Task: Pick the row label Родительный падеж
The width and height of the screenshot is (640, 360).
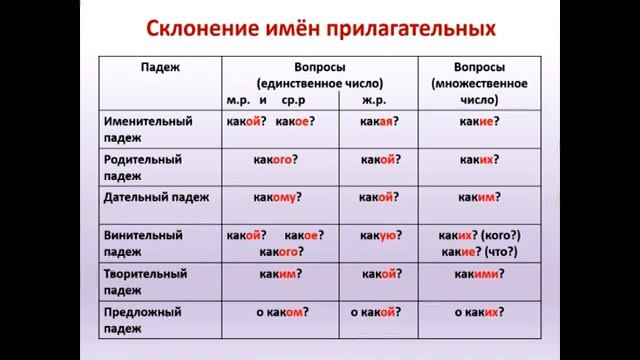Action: [143, 167]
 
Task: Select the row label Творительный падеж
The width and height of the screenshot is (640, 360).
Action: [145, 280]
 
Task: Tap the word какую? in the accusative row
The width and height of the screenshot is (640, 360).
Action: [377, 235]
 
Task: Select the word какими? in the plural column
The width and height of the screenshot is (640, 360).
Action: [479, 273]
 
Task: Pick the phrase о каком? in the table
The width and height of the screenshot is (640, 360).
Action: [280, 312]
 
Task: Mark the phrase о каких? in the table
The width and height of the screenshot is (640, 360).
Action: [477, 312]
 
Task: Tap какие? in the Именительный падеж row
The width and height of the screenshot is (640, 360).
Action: [480, 122]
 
